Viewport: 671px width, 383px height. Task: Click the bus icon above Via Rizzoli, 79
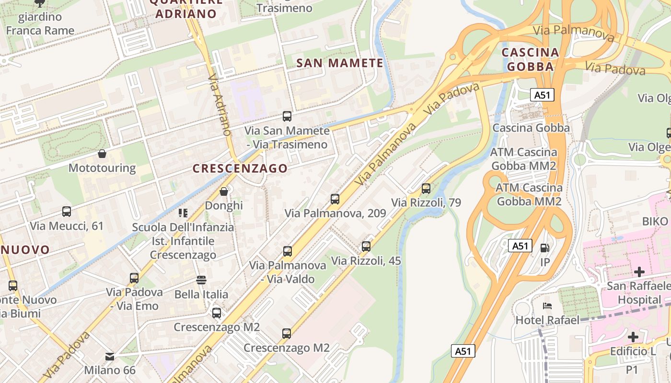426,189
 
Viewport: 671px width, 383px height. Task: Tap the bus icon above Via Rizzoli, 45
366,247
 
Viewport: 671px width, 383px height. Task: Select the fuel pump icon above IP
545,248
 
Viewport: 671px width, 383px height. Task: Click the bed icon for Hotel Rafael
547,305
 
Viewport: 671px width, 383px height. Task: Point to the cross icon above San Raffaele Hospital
639,272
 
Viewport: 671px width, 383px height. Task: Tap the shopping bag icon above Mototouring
102,154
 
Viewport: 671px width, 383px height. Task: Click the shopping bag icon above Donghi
224,191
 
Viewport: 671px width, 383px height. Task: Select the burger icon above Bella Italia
201,280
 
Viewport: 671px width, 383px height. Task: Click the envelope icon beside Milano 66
110,356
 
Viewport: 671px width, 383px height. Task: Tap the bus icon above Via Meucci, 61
67,211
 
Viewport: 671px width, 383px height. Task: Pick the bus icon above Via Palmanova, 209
335,199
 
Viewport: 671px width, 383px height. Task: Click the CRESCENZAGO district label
240,169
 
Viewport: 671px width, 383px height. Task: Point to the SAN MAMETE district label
340,63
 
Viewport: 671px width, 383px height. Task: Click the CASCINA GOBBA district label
530,59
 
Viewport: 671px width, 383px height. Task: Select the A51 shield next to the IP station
520,246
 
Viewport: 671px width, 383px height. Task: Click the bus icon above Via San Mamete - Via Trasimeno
287,116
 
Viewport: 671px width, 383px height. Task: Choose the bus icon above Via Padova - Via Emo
134,278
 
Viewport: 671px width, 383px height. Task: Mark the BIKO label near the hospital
655,221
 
